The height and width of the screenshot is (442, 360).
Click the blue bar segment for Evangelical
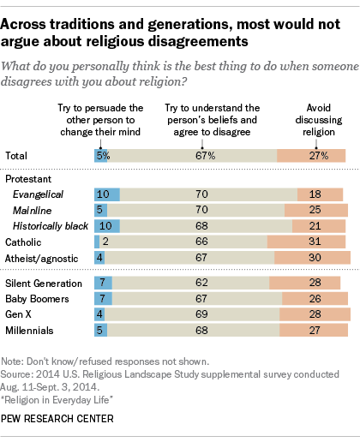106,194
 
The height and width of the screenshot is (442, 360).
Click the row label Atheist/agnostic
42,257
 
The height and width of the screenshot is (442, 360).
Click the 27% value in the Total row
311,155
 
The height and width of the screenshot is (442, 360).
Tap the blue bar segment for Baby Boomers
103,299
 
